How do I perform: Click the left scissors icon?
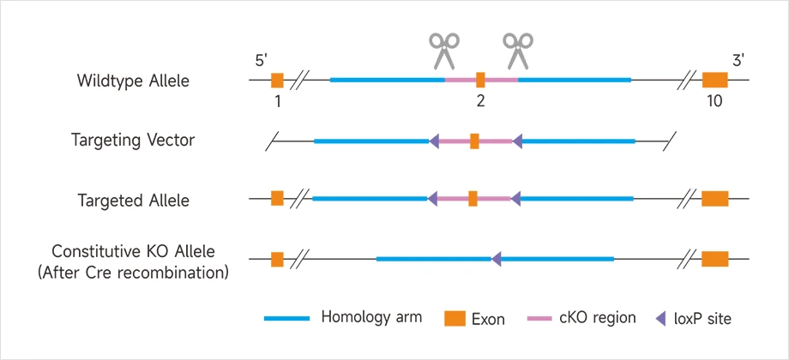[x=443, y=51]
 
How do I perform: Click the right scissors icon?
[x=517, y=51]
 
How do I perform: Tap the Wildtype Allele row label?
[x=133, y=81]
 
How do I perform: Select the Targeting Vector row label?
[x=133, y=141]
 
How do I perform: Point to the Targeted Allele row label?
[x=133, y=201]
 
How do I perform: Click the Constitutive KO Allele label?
[x=133, y=251]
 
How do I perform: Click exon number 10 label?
[x=714, y=101]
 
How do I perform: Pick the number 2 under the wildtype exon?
[x=480, y=101]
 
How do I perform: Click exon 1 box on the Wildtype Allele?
[x=277, y=81]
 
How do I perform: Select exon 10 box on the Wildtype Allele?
[x=714, y=81]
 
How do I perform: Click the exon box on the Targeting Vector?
[x=474, y=141]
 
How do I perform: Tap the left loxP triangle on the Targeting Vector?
[x=434, y=141]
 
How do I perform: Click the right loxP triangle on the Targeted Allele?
[x=515, y=199]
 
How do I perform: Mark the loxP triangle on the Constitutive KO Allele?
[x=496, y=258]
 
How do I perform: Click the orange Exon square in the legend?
[x=455, y=319]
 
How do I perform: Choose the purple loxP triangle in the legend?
[x=660, y=319]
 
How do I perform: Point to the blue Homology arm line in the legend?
[x=286, y=319]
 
